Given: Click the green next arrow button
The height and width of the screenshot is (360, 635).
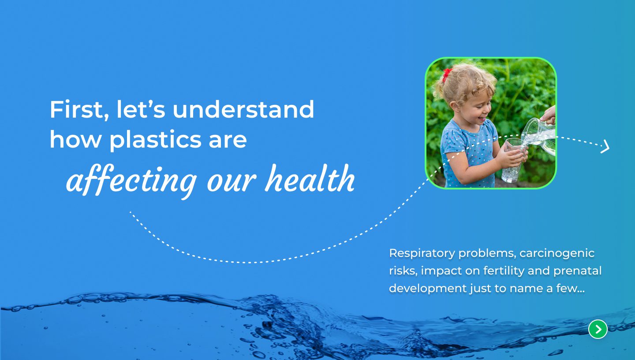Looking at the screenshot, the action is tap(598, 329).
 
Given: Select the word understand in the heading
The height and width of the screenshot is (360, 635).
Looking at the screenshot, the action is tap(243, 109).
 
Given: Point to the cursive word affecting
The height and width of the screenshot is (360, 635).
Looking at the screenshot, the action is tap(131, 181).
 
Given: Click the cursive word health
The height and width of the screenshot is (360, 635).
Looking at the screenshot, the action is tap(310, 178).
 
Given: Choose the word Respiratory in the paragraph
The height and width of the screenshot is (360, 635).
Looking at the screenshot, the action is tap(422, 253).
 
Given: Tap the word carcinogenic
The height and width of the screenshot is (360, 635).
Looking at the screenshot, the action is tap(557, 253).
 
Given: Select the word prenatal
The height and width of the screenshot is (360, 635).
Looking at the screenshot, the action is tap(577, 271).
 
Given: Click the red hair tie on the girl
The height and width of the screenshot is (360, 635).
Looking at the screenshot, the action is tap(447, 74).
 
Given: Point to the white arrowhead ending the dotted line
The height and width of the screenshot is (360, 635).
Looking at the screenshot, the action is tap(605, 146).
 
